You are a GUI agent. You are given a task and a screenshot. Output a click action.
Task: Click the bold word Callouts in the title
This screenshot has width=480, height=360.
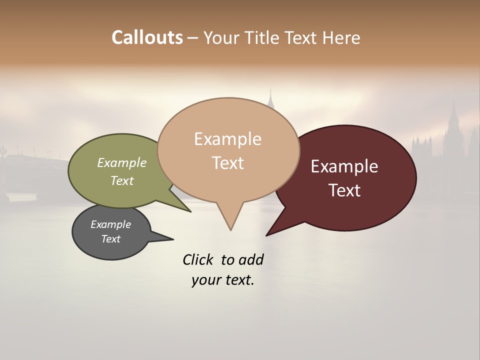pyautogui.click(x=147, y=37)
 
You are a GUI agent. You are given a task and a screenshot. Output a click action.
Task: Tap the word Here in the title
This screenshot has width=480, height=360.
pyautogui.click(x=341, y=37)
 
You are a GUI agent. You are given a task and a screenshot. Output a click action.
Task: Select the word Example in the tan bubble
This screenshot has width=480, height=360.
pyautogui.click(x=227, y=139)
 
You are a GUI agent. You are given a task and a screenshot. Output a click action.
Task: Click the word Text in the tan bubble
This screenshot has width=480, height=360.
pyautogui.click(x=227, y=162)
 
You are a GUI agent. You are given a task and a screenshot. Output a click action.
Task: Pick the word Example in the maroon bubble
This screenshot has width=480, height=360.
pyautogui.click(x=344, y=166)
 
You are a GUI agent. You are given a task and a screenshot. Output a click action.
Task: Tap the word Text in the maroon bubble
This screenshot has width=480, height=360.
pyautogui.click(x=344, y=190)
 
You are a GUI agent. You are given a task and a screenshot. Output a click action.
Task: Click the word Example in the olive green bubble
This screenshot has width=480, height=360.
pyautogui.click(x=122, y=162)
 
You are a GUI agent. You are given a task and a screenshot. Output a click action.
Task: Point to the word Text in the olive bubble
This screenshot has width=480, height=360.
pyautogui.click(x=122, y=180)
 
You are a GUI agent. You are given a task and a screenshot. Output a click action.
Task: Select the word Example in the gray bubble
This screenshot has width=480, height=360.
pyautogui.click(x=110, y=224)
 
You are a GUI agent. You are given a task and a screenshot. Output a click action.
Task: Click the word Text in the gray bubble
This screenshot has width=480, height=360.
pyautogui.click(x=110, y=239)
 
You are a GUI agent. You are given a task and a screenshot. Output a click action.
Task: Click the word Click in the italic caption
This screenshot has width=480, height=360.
pyautogui.click(x=198, y=259)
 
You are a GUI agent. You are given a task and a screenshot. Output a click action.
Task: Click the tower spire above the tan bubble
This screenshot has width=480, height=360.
pyautogui.click(x=270, y=98)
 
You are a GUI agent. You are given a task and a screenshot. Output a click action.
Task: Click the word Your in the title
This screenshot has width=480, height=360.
pyautogui.click(x=222, y=37)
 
